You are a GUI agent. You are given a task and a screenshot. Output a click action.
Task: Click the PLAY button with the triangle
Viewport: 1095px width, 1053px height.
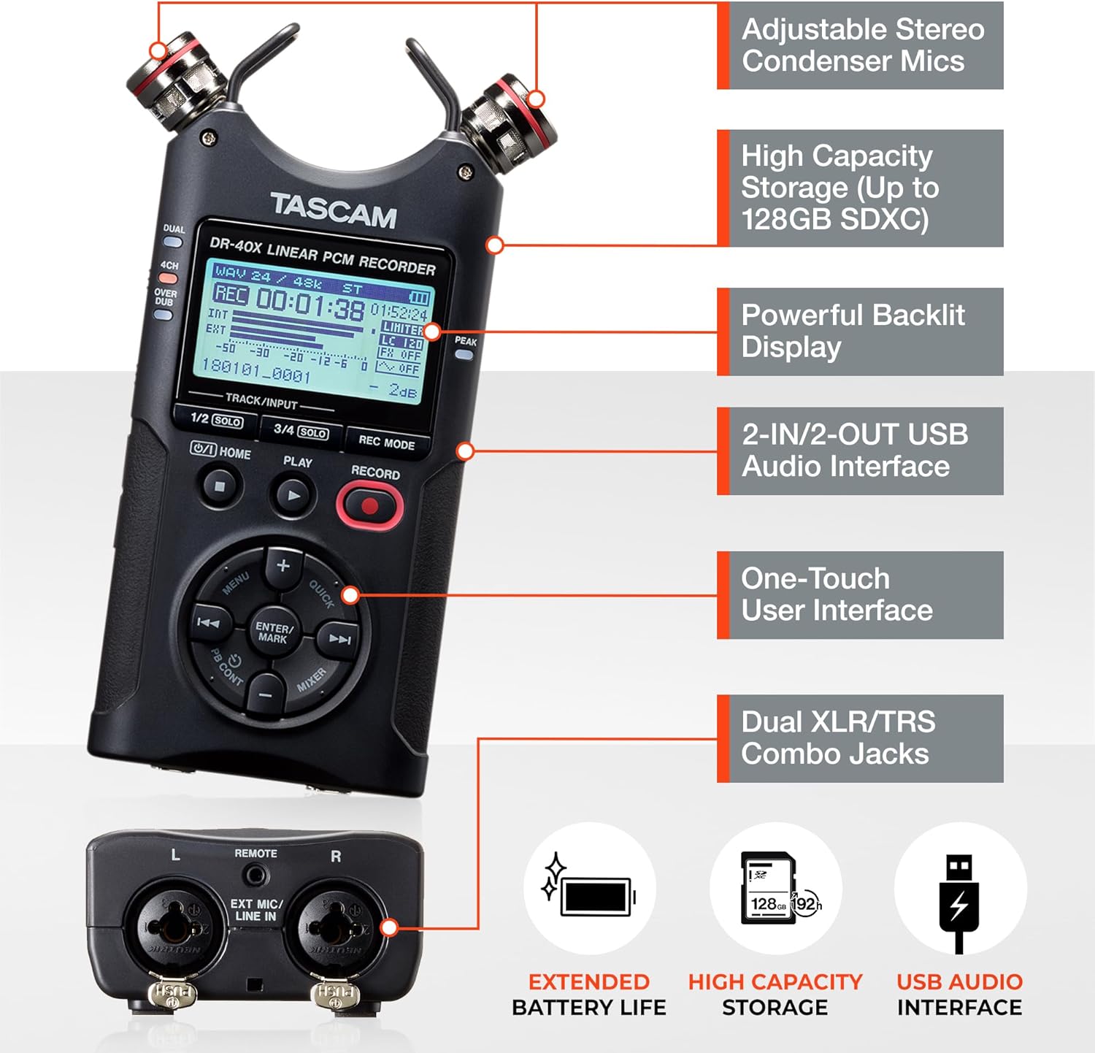[x=293, y=496]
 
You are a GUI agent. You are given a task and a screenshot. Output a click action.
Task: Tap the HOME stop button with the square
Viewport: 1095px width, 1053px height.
[x=220, y=485]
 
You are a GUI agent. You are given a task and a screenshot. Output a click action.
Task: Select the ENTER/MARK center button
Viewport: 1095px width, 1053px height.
[x=274, y=632]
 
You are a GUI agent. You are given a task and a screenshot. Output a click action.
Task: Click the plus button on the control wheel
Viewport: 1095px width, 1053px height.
[x=283, y=566]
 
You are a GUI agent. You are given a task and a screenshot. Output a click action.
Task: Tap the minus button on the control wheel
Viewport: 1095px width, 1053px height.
[x=266, y=695]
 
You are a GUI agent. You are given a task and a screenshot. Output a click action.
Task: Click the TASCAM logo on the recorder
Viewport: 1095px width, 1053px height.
[x=334, y=210]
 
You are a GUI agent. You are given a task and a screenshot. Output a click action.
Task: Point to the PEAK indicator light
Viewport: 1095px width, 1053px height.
[x=464, y=355]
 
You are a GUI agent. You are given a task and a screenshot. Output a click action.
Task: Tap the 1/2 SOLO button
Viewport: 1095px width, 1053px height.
[x=216, y=420]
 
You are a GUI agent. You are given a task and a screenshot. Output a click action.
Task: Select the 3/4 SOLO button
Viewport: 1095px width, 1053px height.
[x=301, y=431]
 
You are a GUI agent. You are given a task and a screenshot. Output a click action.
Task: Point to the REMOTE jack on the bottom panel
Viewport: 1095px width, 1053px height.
[x=255, y=873]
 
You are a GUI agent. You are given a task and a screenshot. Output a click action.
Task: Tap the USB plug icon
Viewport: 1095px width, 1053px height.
[x=958, y=903]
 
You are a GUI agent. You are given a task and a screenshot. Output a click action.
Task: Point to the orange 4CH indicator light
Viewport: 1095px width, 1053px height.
[x=169, y=278]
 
